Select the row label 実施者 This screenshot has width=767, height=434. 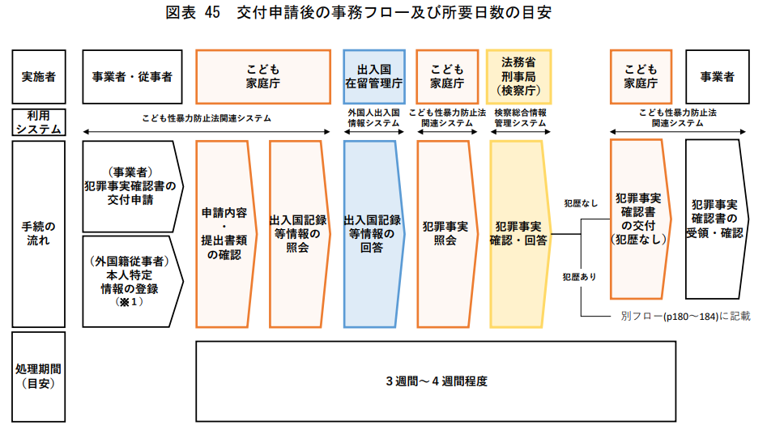coord(38,77)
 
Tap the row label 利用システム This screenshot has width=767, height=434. coord(38,122)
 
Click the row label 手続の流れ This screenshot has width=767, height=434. coord(38,234)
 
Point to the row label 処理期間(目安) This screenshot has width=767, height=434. coord(38,375)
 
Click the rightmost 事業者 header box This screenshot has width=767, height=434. coord(717,77)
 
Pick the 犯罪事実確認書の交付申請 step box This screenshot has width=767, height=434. coord(130,185)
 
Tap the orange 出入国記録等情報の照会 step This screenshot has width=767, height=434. coord(297,234)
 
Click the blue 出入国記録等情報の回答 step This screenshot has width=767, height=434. coord(372,234)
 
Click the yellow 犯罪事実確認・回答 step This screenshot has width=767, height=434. coord(518,234)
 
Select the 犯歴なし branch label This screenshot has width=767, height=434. coord(580,203)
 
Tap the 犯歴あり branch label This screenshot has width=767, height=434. coord(580,277)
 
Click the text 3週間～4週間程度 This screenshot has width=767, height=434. coord(437,381)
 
